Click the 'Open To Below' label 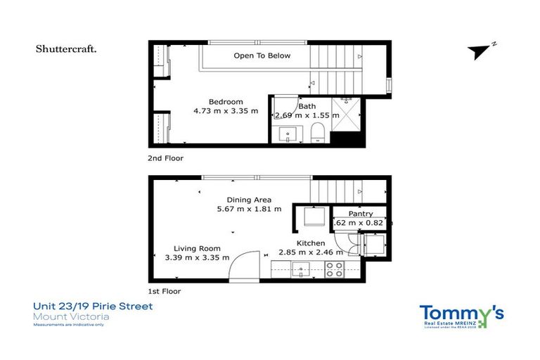(x=262, y=56)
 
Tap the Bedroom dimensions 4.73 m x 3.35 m (x=226, y=111)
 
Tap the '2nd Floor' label (x=165, y=159)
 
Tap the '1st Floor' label (x=164, y=291)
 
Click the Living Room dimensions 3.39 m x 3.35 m (x=197, y=257)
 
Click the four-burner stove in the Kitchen (x=335, y=269)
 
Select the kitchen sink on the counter (x=300, y=268)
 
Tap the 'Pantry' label (x=360, y=214)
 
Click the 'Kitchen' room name (x=310, y=243)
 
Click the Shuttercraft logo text (x=66, y=49)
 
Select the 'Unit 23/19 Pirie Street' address (x=93, y=307)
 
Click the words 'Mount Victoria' (x=71, y=316)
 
